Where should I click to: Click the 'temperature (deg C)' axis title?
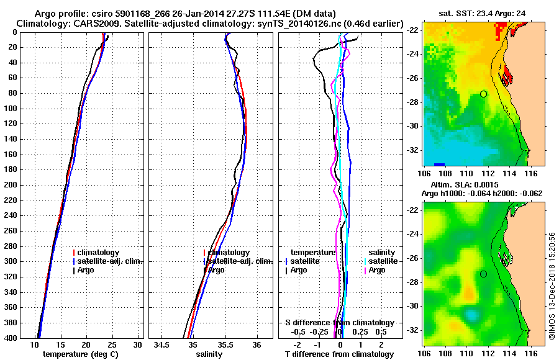(80, 354)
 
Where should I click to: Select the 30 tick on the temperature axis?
(138, 344)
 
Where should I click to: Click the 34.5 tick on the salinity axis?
(163, 344)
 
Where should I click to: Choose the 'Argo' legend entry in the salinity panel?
(216, 270)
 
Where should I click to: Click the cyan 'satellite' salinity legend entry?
(379, 261)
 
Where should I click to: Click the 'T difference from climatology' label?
(339, 354)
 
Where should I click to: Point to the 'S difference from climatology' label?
(339, 323)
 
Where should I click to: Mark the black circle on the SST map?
(484, 94)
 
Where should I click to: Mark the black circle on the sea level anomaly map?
(484, 274)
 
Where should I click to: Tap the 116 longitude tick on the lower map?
(526, 353)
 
